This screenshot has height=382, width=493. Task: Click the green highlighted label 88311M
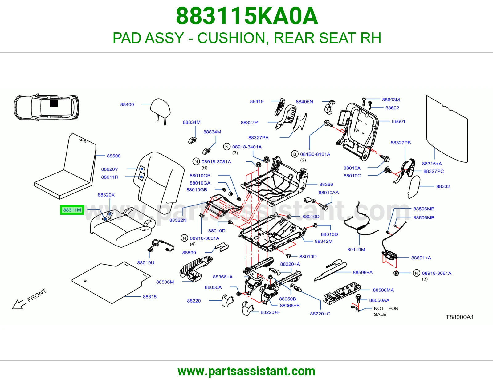72,210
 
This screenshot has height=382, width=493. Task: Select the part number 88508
114,156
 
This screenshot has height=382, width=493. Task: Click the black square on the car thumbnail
54,104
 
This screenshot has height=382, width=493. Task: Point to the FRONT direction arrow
18,304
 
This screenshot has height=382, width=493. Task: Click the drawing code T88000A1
460,317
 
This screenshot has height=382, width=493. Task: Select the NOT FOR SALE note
386,311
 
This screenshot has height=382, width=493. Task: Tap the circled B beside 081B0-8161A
295,154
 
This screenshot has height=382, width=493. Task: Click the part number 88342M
324,241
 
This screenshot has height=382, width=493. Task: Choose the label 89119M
356,250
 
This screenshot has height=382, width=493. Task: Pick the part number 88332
443,186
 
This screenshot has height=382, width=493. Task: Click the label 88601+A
421,258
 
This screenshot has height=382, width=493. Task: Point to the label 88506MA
383,290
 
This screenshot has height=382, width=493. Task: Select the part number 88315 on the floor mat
150,296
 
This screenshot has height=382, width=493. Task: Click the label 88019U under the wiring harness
146,263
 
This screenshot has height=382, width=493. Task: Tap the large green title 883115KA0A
247,16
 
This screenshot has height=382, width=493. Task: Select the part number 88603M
391,100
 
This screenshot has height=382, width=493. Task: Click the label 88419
257,101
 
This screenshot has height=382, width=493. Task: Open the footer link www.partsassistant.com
246,371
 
